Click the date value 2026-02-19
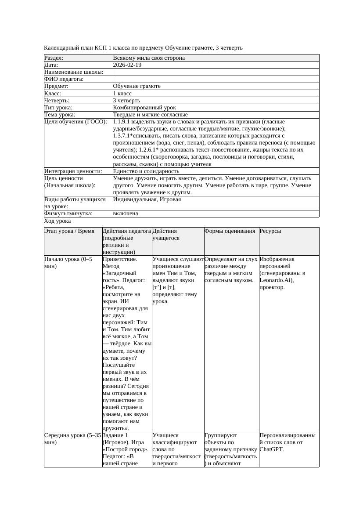(127, 65)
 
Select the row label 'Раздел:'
(54, 58)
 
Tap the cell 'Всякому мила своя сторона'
(149, 58)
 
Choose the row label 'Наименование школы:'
(74, 72)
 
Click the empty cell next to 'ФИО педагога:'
(216, 79)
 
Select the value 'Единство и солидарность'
(146, 171)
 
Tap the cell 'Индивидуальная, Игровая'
(147, 199)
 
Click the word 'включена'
(126, 214)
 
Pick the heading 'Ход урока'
(58, 221)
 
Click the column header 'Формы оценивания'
(230, 231)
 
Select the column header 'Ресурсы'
(270, 231)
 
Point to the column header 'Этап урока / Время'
(69, 231)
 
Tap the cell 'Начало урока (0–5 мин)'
(68, 263)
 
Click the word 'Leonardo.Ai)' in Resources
(277, 280)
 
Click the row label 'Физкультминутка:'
(68, 214)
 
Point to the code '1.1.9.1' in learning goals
(123, 122)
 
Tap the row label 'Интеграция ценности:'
(73, 171)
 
